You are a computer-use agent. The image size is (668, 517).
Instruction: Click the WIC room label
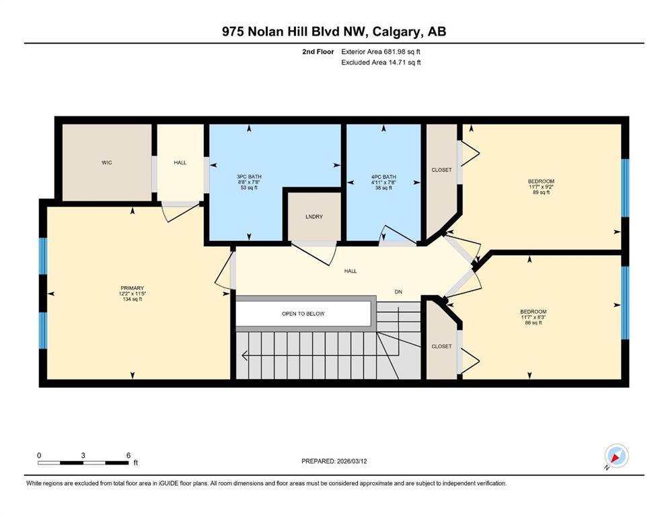(x=107, y=162)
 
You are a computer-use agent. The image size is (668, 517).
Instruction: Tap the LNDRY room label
(x=314, y=217)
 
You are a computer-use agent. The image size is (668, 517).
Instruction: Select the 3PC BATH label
(x=249, y=176)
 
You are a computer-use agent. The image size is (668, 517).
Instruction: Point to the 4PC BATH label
(x=383, y=176)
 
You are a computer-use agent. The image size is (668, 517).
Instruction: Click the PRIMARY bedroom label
(x=132, y=288)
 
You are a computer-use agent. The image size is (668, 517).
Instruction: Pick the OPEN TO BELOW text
(x=303, y=314)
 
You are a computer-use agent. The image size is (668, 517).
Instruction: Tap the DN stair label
(x=398, y=292)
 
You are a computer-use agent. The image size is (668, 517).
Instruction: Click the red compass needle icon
(x=615, y=458)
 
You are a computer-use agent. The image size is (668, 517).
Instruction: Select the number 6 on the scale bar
(x=128, y=455)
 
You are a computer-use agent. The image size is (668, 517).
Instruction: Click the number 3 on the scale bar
(x=83, y=455)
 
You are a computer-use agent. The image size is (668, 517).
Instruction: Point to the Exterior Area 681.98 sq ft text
(x=381, y=52)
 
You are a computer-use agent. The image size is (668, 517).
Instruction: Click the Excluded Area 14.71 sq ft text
(x=381, y=62)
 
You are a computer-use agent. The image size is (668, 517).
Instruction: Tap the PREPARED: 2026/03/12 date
(x=334, y=461)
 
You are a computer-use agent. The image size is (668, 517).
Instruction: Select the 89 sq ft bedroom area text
(x=541, y=193)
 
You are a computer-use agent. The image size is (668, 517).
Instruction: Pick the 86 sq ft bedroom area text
(x=533, y=322)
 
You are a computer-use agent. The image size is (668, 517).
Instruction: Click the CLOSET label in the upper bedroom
(x=441, y=170)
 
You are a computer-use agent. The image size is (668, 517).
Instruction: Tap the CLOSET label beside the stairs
(x=441, y=346)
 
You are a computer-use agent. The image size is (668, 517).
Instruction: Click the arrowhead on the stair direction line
(x=245, y=355)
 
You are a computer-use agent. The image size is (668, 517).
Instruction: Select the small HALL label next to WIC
(x=180, y=162)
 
